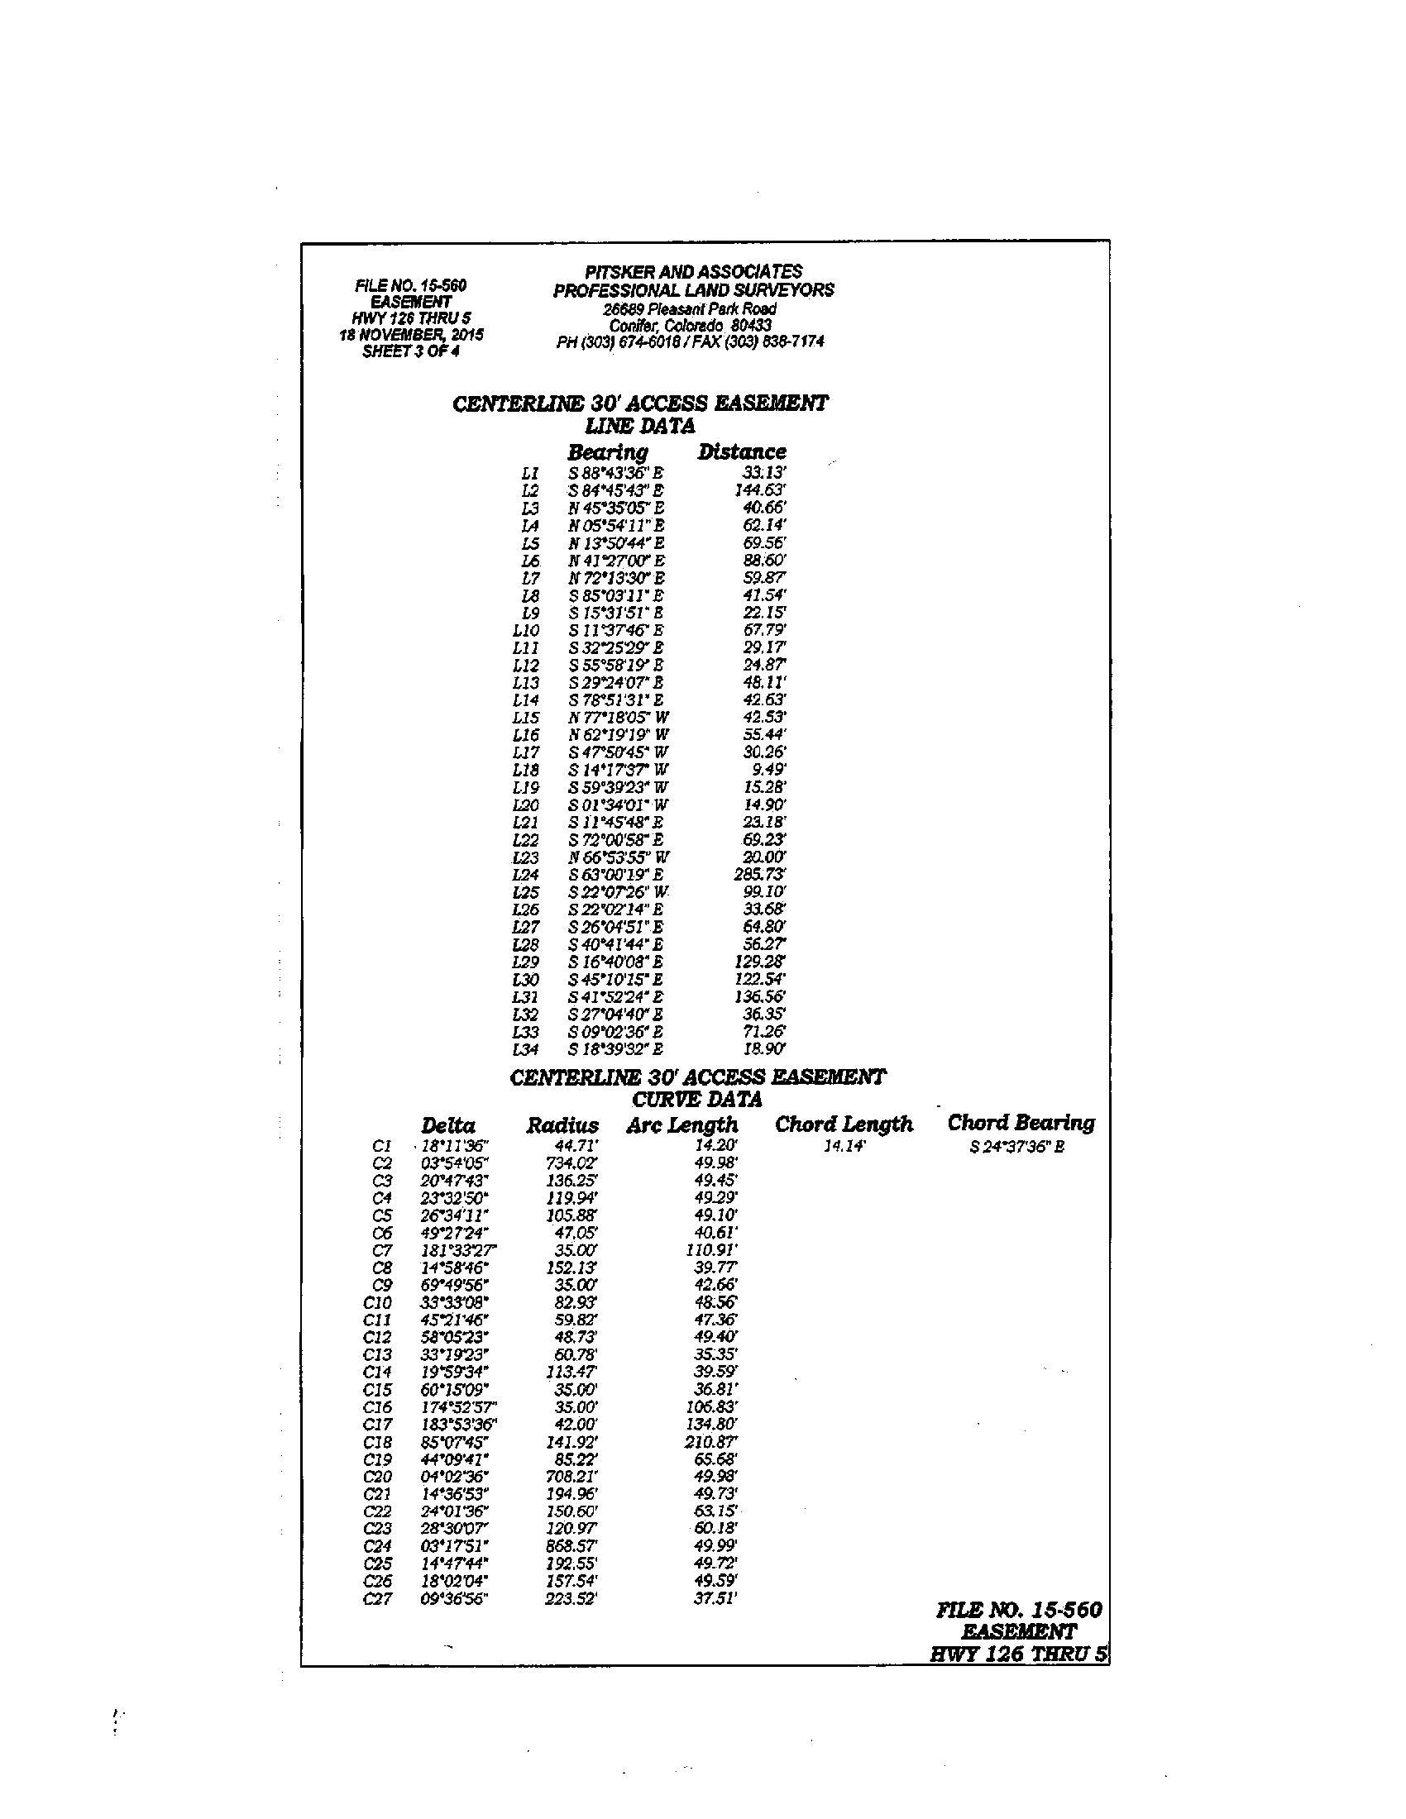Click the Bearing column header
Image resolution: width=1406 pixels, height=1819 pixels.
pos(607,452)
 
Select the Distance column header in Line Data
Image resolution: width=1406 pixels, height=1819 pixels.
pos(741,451)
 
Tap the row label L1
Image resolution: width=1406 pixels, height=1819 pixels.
pos(530,473)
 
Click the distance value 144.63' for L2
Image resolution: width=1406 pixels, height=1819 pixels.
pos(760,490)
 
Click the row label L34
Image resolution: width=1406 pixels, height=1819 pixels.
pos(525,1049)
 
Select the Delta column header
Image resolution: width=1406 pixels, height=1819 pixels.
pos(448,1126)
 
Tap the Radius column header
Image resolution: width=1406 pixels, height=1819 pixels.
pos(562,1126)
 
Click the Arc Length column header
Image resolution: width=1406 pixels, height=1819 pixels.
pos(682,1126)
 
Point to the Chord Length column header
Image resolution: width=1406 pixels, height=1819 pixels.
pos(844,1124)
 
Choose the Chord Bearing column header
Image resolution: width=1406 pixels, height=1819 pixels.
pos(1021,1123)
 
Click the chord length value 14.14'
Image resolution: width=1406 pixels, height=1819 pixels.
pos(845,1147)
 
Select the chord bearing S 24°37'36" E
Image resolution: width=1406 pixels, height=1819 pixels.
pos(1017,1147)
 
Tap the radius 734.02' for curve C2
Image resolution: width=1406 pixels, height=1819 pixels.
pos(572,1163)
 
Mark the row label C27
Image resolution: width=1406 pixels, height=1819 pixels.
pos(377,1599)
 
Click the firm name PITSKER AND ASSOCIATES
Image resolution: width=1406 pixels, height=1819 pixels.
pos(693,271)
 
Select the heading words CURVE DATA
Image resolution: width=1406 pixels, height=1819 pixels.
pos(697,1100)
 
